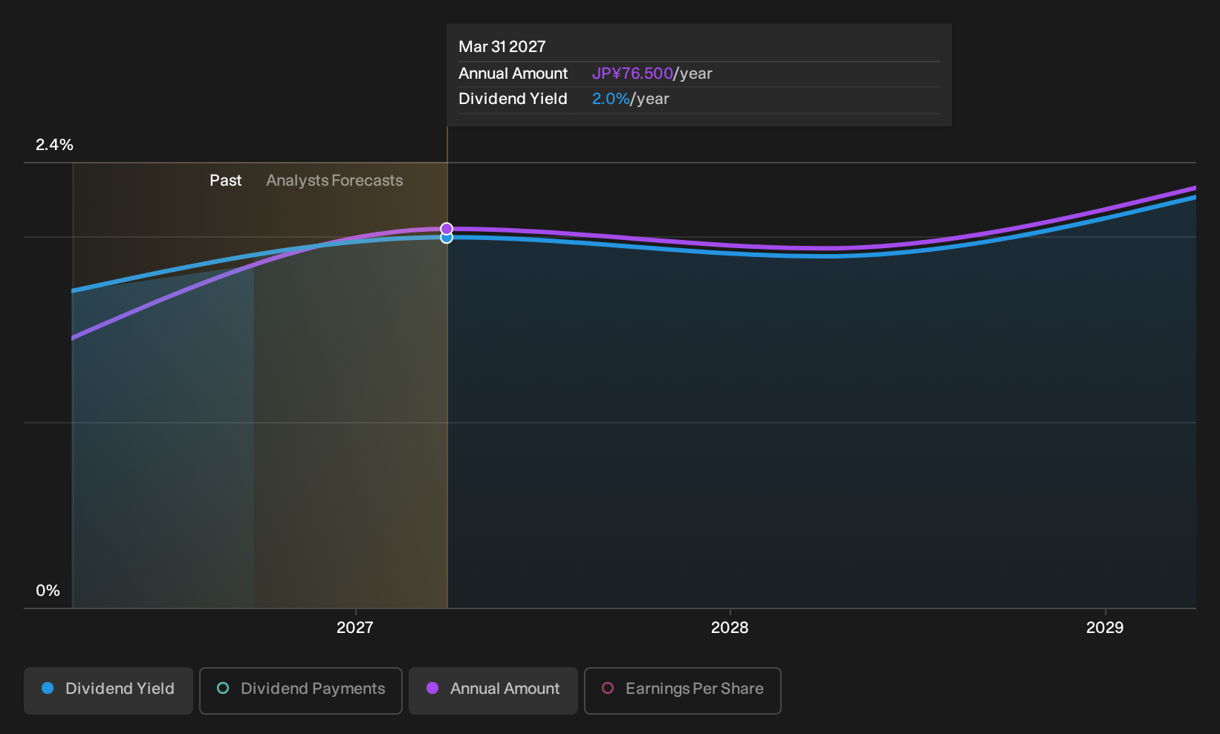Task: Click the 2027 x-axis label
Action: pos(355,628)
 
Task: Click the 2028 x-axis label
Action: pos(730,628)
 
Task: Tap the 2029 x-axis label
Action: pos(1105,628)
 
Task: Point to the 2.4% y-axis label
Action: pos(54,145)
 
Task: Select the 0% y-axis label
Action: pos(48,591)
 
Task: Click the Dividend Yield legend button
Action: pos(108,690)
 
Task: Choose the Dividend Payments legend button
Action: pos(301,690)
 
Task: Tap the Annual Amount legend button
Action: pos(493,690)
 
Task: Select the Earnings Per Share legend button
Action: pos(682,690)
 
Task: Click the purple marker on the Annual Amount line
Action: pos(447,229)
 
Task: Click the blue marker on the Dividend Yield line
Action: pos(447,238)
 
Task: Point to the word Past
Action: pos(225,181)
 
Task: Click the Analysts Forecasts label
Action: pos(334,181)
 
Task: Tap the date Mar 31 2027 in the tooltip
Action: pos(502,47)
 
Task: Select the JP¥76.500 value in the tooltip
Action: pos(632,74)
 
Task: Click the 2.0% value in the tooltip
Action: pos(611,99)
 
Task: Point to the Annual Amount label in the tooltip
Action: pos(513,74)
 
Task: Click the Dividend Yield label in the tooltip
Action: pos(513,99)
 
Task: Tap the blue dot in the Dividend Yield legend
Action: pos(48,688)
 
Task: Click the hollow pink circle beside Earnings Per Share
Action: pos(608,688)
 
